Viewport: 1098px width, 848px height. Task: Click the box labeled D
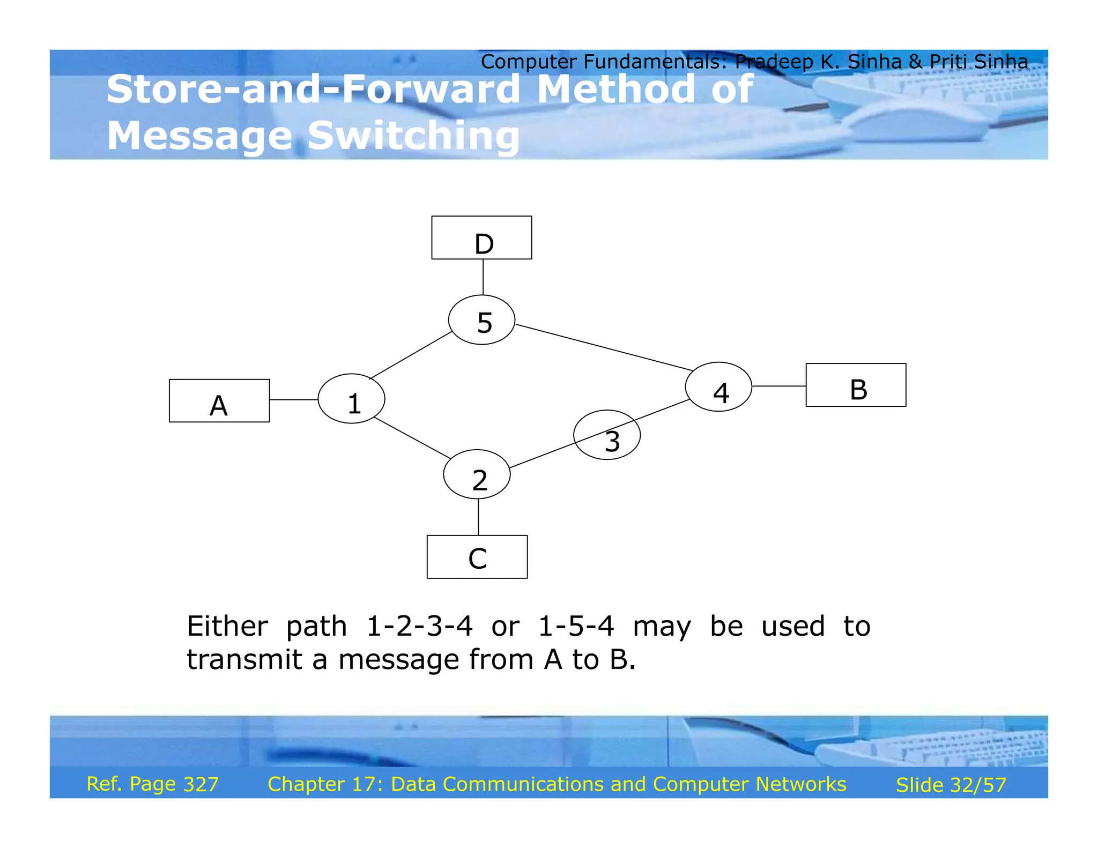point(481,237)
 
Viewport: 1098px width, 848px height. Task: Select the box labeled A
point(219,401)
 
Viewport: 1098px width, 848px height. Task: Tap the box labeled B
point(856,385)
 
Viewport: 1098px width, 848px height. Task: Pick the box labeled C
point(477,556)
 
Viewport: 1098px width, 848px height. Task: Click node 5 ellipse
point(481,319)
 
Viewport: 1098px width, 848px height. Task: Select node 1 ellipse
point(351,398)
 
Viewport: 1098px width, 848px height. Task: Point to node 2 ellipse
point(477,474)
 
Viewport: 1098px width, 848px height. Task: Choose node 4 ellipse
point(718,386)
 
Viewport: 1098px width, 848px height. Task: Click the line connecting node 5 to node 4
point(604,347)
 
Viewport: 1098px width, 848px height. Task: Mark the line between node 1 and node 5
point(411,355)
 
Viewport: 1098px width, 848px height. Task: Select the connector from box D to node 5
point(483,277)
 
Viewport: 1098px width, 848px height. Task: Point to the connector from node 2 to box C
point(478,517)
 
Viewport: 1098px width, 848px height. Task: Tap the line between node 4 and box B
point(778,386)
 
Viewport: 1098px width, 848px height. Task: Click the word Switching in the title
point(413,136)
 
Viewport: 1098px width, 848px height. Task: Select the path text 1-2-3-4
point(419,626)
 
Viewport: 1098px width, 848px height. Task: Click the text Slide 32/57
point(951,785)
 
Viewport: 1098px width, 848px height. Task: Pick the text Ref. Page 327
point(152,784)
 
